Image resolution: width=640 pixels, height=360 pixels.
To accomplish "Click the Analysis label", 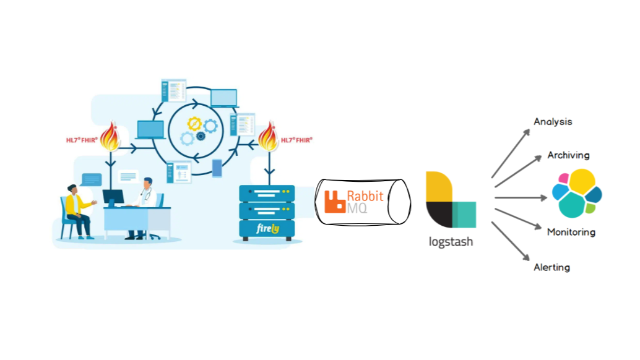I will pos(553,122).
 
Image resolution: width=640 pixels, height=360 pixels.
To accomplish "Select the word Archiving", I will pos(568,155).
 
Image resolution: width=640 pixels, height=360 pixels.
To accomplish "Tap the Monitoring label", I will pos(571,233).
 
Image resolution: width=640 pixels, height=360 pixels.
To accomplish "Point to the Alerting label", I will pos(551,268).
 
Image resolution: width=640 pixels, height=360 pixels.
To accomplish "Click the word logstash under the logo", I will pos(451,242).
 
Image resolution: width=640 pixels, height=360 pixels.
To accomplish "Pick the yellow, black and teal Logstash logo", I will pos(451,200).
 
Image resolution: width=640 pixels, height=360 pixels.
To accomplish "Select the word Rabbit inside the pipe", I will pos(365,196).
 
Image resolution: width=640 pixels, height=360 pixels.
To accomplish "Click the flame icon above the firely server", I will pos(268,138).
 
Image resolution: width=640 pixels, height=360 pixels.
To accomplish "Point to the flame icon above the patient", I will pos(110,137).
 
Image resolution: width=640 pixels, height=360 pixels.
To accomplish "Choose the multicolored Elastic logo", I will pos(577,193).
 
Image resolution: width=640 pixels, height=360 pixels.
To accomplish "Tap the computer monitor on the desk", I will pos(113,198).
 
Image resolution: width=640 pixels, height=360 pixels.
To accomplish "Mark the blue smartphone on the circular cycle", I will pos(217,168).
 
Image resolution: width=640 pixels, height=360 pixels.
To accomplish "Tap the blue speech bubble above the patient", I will pos(91,179).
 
